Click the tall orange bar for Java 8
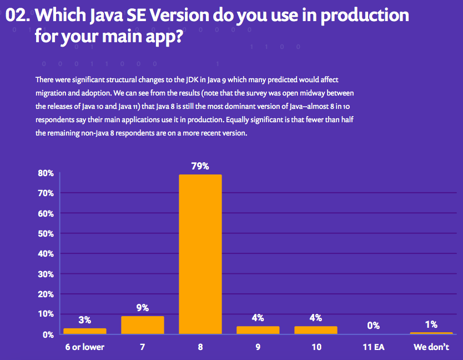(200, 254)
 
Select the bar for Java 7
(142, 325)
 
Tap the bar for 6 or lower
(84, 331)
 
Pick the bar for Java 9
(258, 330)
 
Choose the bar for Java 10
(315, 330)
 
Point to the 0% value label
(373, 326)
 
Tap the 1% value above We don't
(431, 324)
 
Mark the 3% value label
(84, 320)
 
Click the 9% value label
(142, 308)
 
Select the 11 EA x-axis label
(373, 347)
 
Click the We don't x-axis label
(431, 347)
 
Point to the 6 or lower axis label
(84, 347)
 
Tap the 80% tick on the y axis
(46, 173)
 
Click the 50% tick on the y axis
(46, 234)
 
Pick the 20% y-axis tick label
(46, 294)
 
